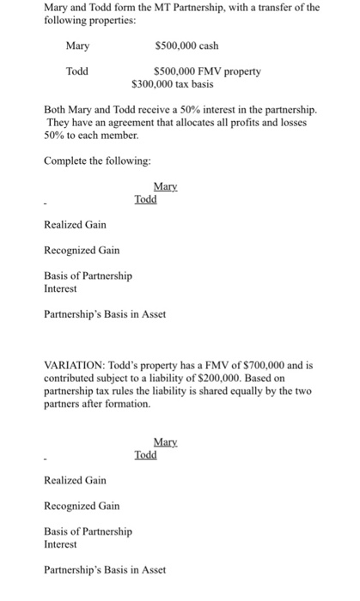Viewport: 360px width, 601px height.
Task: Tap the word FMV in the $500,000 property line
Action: pos(208,71)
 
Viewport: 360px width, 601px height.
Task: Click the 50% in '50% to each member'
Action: pos(52,136)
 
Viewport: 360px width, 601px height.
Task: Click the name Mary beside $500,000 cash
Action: pos(77,46)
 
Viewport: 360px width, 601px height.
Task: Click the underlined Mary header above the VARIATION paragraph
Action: pos(164,186)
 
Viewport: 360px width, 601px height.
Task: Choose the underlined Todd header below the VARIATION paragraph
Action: pos(146,455)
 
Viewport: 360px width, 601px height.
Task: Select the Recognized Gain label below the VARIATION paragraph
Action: pos(81,506)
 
